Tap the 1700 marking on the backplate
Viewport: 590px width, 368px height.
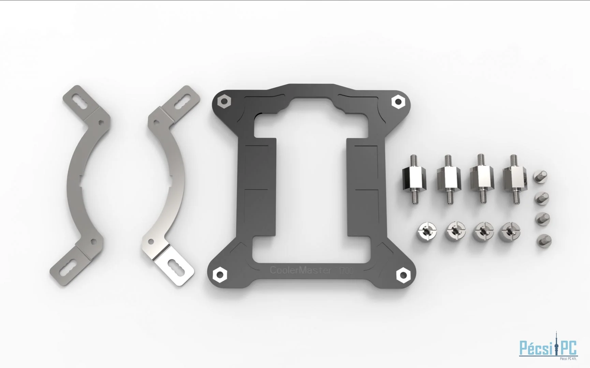[345, 271]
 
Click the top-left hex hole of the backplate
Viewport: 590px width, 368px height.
[224, 101]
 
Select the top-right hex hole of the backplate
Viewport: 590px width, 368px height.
[398, 101]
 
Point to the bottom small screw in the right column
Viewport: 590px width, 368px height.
[544, 241]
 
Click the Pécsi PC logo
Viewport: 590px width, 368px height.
[548, 348]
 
